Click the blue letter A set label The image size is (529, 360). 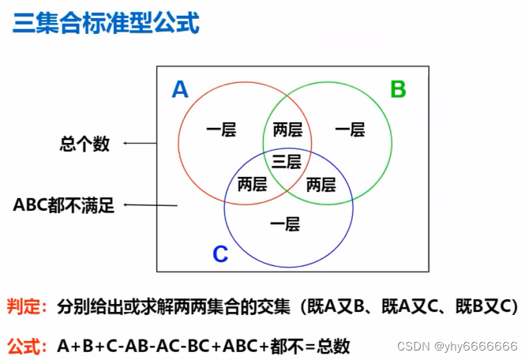click(x=180, y=90)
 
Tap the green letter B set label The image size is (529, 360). click(x=398, y=89)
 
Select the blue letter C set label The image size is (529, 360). click(x=220, y=254)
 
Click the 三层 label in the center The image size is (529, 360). click(x=287, y=162)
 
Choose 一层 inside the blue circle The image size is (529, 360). click(x=284, y=225)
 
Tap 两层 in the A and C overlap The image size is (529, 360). click(x=252, y=185)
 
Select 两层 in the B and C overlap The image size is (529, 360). click(x=321, y=185)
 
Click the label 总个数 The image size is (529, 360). click(x=84, y=144)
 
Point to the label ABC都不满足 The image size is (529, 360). click(x=64, y=206)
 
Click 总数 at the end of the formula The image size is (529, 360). click(x=332, y=346)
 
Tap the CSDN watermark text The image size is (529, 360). click(x=457, y=347)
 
